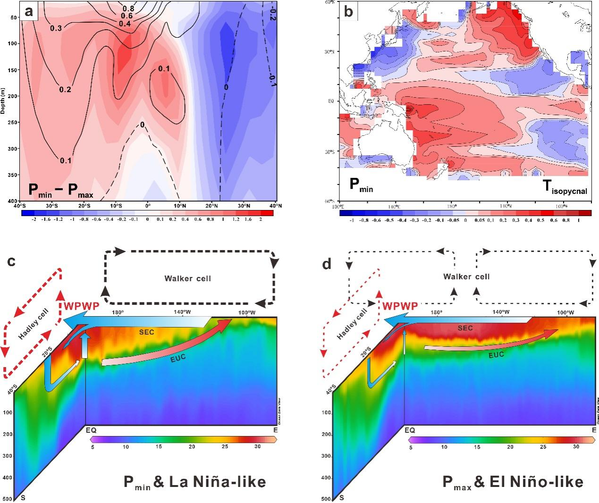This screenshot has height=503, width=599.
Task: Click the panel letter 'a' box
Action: [x=29, y=11]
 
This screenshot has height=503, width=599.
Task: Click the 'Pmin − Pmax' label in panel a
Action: [x=61, y=189]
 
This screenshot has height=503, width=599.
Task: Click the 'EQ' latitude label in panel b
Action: [x=332, y=101]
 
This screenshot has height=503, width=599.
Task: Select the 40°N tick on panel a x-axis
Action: [x=275, y=206]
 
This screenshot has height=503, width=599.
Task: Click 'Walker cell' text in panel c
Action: [x=187, y=278]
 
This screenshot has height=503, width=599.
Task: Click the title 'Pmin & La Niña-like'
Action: [x=194, y=482]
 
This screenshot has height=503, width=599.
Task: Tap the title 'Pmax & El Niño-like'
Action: [x=513, y=482]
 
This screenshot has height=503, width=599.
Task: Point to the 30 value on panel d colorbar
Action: [x=576, y=446]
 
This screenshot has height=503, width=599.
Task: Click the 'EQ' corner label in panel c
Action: [x=91, y=430]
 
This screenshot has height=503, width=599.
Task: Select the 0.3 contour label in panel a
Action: [x=56, y=28]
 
